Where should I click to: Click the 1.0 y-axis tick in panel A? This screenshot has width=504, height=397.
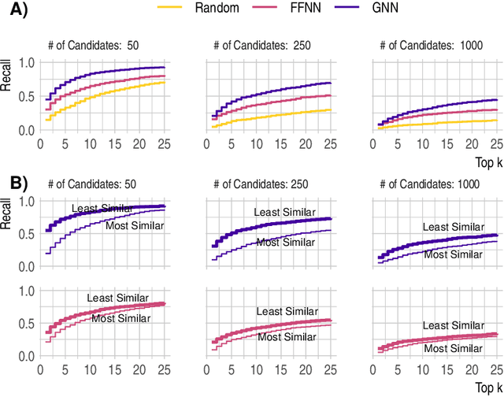(26, 62)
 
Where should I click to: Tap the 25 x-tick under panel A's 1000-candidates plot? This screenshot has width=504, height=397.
(495, 144)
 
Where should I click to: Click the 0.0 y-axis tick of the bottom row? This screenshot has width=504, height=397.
(26, 356)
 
